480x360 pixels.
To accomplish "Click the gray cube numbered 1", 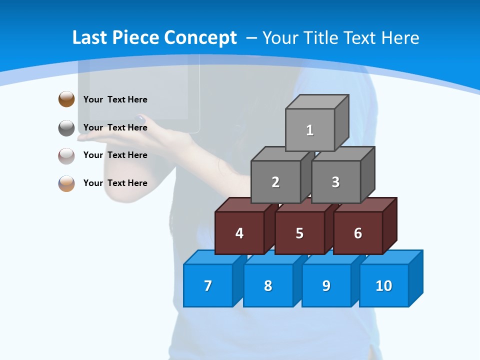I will [x=310, y=129].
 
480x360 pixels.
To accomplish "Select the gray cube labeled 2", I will [x=275, y=182].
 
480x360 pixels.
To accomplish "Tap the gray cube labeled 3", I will [x=335, y=182].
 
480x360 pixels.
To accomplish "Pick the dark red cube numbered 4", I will [x=239, y=233].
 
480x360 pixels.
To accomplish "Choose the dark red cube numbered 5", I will [x=299, y=233].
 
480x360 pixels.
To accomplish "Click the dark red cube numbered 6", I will [x=358, y=233].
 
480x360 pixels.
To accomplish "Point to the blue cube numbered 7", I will [x=208, y=285].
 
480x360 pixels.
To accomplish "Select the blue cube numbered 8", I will [x=268, y=285].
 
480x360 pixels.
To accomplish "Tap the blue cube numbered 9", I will [x=326, y=285].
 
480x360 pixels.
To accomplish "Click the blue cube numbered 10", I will [x=384, y=285].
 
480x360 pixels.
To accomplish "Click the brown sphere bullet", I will [x=66, y=99].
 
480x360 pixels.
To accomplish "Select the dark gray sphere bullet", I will [x=66, y=128].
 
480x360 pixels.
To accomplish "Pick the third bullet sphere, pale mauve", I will [x=66, y=156].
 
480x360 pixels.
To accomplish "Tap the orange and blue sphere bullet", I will [x=66, y=183].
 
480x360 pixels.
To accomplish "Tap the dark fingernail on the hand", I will [x=140, y=119].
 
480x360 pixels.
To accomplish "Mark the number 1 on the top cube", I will [x=310, y=130].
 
